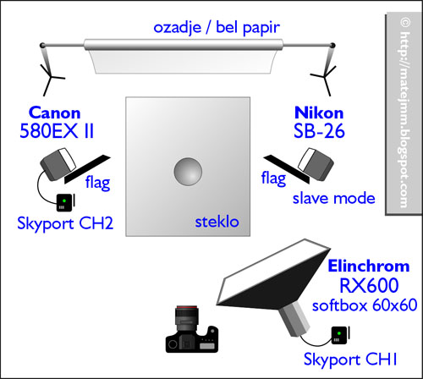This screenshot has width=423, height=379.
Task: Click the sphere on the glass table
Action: [188, 172]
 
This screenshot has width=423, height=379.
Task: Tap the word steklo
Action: [217, 222]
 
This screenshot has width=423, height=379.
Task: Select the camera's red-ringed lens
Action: [187, 319]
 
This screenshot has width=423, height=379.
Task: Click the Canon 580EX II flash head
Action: [58, 164]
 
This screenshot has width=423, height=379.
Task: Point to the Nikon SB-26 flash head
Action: [316, 164]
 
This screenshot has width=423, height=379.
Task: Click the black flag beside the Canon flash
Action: [87, 169]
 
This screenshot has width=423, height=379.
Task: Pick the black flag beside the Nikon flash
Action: [287, 169]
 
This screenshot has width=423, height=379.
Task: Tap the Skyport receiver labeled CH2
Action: [66, 202]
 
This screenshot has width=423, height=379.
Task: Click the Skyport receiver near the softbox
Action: [340, 335]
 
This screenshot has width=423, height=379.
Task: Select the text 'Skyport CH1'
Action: [350, 360]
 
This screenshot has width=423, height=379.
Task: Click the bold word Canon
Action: [54, 113]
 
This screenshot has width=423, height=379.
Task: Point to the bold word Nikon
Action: [319, 113]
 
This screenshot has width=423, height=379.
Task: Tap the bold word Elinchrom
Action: [369, 266]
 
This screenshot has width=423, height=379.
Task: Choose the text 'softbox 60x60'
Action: [365, 305]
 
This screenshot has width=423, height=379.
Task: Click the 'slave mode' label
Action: [334, 199]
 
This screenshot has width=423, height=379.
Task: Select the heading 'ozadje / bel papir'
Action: [217, 28]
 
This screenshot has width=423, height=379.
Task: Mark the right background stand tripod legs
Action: [324, 78]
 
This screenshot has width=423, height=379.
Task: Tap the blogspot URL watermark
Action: [404, 113]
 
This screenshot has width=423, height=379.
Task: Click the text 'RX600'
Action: [369, 285]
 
